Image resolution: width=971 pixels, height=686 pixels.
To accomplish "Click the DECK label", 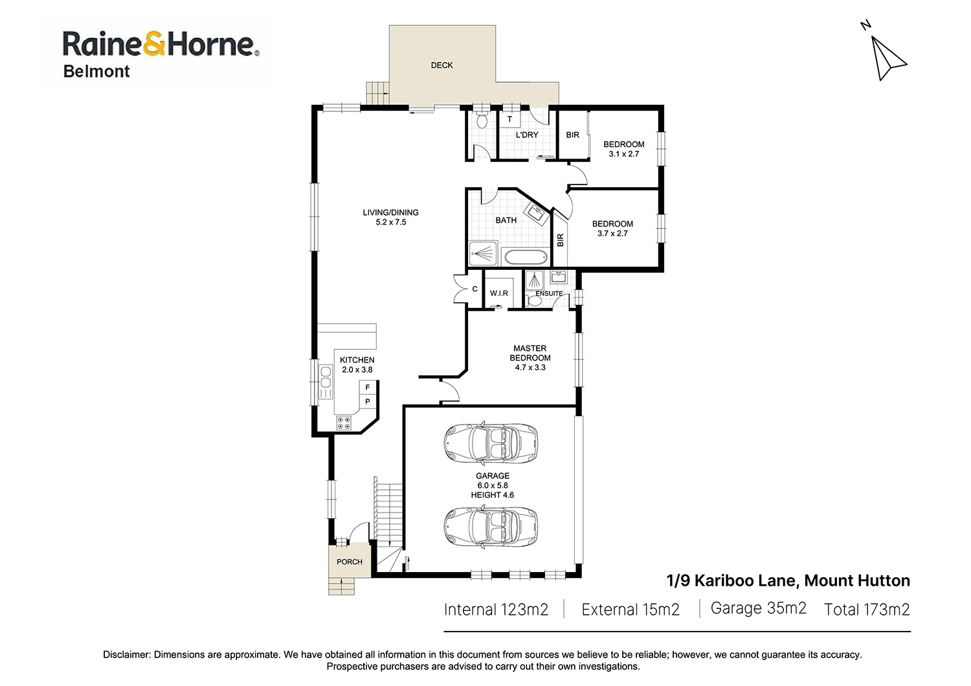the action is (441, 65).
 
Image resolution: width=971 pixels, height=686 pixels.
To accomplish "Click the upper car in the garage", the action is (491, 443).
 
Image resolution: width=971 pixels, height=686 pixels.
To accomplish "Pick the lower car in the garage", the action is (491, 526).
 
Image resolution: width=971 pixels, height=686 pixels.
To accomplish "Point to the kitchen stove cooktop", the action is (344, 423).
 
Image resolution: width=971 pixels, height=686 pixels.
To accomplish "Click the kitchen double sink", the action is (325, 377).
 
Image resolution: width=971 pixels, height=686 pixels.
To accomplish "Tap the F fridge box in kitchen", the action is (368, 387).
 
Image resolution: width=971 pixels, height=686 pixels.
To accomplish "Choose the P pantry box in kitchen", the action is (368, 401).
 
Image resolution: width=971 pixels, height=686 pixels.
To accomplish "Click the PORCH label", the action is (350, 562).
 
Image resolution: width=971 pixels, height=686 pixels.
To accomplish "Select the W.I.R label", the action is (499, 293).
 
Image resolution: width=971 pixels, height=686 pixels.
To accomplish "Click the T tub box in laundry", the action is (510, 119).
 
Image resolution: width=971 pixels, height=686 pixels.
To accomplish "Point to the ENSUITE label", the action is (549, 293).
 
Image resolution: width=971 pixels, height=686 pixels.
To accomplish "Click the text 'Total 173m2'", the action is (867, 609).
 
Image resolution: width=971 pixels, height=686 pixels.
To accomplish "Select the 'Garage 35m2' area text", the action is (759, 608).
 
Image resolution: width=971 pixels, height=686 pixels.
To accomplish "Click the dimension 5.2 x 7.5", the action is (391, 223).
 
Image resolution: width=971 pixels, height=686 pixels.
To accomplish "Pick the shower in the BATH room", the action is (483, 254).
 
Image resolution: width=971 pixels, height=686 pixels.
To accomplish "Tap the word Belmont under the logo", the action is (96, 71).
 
